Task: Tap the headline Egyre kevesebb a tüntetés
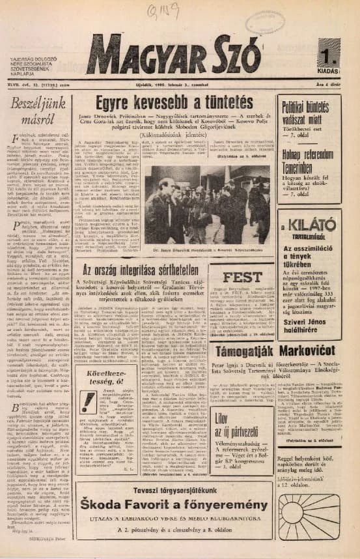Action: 174,104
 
